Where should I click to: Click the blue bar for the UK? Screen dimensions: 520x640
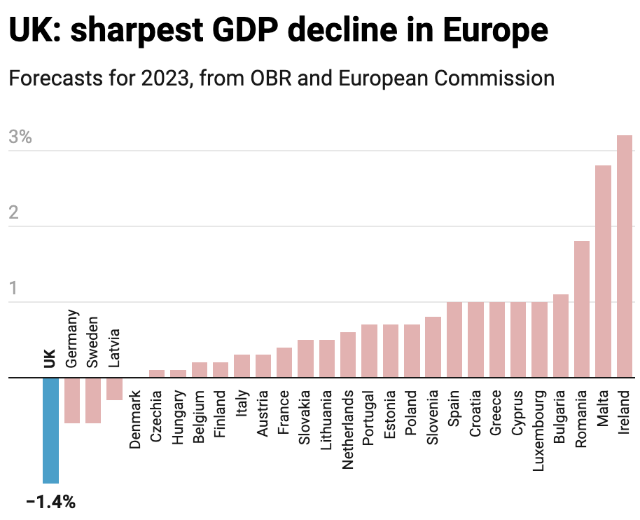[50, 430]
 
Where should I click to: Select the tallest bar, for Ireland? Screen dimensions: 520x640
[625, 256]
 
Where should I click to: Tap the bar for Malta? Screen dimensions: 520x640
[603, 272]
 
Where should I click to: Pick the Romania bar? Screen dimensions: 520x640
[582, 310]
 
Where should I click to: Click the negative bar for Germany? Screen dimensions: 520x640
[72, 400]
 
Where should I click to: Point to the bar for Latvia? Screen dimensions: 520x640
[114, 389]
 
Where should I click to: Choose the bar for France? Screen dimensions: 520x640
[284, 363]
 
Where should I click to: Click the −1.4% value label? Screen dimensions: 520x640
[50, 502]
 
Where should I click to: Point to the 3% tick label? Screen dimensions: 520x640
[20, 137]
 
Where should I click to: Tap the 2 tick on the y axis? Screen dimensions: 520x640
[13, 213]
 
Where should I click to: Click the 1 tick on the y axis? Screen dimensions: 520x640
[13, 289]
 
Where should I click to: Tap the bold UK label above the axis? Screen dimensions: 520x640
[50, 357]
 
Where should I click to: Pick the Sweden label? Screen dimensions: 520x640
[92, 341]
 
